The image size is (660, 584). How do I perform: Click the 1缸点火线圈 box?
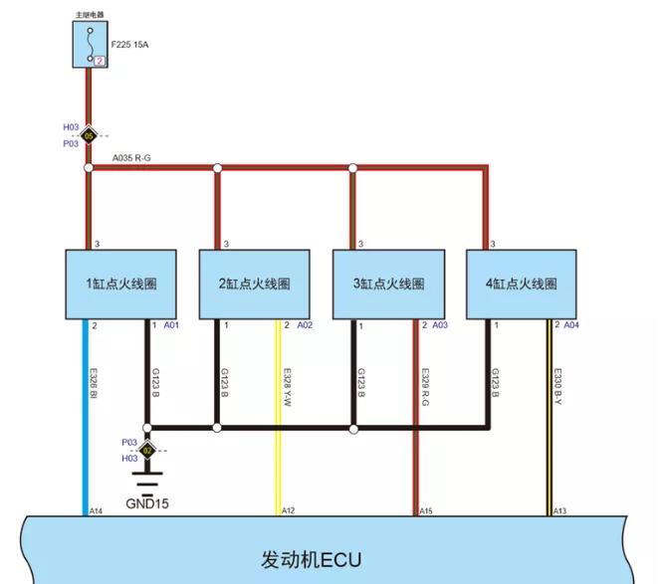(x=123, y=285)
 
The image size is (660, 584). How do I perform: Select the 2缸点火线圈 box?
(x=256, y=285)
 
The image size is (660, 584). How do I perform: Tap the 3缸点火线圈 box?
(x=389, y=285)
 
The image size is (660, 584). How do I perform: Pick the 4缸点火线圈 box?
(x=521, y=285)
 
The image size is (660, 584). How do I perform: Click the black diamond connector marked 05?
(x=89, y=134)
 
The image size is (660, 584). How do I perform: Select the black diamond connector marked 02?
(x=146, y=450)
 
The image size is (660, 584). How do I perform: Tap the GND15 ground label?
(x=146, y=504)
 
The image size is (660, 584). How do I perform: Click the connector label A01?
(x=170, y=325)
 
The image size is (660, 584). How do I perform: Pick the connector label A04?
(x=571, y=325)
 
